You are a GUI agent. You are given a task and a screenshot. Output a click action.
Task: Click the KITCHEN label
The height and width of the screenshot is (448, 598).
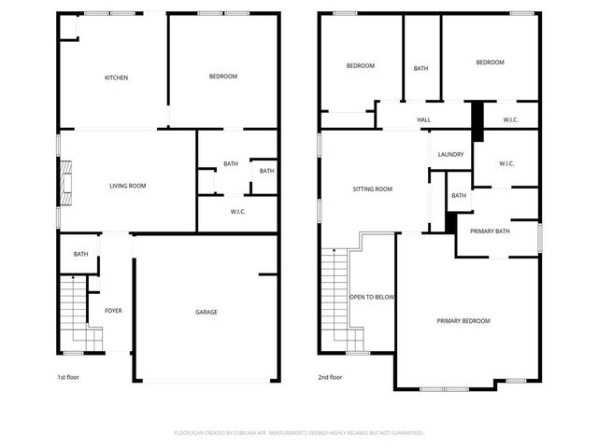pyautogui.click(x=116, y=77)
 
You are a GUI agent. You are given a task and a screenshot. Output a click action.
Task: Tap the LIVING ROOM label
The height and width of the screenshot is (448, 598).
pyautogui.click(x=128, y=186)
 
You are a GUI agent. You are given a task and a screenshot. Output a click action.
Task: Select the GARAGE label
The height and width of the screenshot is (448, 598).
pyautogui.click(x=206, y=312)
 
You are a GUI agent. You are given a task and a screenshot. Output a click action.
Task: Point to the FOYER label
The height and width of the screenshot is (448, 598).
pyautogui.click(x=113, y=311)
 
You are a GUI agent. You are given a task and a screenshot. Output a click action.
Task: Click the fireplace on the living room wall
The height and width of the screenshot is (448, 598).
pyautogui.click(x=64, y=183)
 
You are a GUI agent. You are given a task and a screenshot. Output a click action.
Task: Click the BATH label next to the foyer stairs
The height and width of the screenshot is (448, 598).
pyautogui.click(x=81, y=254)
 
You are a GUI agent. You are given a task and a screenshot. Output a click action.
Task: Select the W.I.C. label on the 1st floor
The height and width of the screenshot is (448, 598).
pyautogui.click(x=238, y=212)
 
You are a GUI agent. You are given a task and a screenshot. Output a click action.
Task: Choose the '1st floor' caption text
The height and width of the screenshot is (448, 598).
pyautogui.click(x=69, y=378)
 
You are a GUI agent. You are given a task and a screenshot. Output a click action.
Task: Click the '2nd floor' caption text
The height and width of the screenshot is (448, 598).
pyautogui.click(x=330, y=378)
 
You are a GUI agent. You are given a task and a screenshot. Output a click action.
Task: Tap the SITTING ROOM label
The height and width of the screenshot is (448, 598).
pyautogui.click(x=372, y=189)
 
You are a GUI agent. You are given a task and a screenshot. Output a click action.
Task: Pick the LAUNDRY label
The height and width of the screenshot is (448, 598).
pyautogui.click(x=450, y=154)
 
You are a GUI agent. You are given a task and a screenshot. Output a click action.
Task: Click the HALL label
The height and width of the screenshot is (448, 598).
pyautogui.click(x=423, y=119)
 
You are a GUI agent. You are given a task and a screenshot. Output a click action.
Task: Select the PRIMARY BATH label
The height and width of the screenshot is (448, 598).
pyautogui.click(x=490, y=231)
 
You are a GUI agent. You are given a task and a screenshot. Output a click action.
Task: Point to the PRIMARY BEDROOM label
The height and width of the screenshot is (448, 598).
pyautogui.click(x=463, y=320)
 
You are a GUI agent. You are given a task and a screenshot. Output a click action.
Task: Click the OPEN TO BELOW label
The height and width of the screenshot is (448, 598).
pyautogui.click(x=373, y=297)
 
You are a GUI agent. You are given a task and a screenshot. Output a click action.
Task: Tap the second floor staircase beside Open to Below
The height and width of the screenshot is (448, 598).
pyautogui.click(x=333, y=299)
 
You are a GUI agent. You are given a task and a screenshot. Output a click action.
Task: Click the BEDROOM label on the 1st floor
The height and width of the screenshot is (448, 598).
pyautogui.click(x=222, y=77)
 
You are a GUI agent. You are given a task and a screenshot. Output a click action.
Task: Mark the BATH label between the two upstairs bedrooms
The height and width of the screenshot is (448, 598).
pyautogui.click(x=421, y=68)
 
